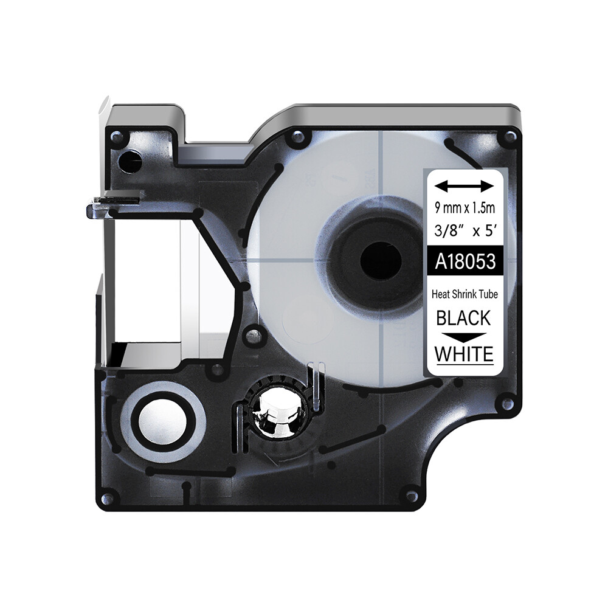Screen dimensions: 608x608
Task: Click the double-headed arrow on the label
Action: (x=465, y=186)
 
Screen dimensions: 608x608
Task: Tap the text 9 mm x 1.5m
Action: (x=465, y=208)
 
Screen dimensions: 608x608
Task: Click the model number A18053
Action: (x=465, y=261)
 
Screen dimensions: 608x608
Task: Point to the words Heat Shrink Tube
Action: (x=465, y=294)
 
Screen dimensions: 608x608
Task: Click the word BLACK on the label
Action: (x=463, y=318)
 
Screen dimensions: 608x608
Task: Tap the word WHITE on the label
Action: (x=464, y=354)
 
